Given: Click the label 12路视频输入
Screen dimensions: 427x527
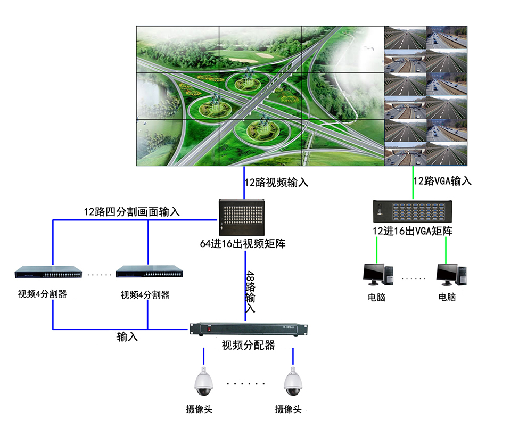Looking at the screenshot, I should click(x=276, y=183).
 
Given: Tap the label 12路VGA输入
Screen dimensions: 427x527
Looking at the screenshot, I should click(x=442, y=181).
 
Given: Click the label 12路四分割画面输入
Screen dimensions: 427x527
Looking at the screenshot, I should click(x=131, y=211).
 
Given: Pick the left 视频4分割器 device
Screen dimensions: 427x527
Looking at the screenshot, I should click(x=48, y=273).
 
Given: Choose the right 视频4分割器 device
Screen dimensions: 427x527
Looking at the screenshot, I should click(x=150, y=273).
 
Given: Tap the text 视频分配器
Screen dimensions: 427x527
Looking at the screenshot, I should click(x=249, y=346).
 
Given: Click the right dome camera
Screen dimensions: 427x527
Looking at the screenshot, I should click(x=292, y=382).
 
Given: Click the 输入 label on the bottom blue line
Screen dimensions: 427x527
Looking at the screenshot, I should click(x=127, y=337).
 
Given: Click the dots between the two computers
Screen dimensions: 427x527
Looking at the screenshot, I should click(x=414, y=278).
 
